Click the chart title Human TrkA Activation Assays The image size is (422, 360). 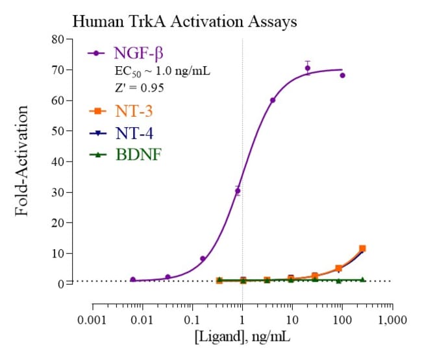184,21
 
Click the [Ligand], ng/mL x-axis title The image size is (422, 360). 242,338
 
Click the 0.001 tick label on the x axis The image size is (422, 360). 93,320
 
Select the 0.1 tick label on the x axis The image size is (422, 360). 193,320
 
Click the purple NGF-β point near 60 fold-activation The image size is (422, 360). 273,101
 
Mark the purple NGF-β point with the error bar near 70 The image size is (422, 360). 308,68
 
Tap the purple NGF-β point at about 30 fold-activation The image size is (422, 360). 238,191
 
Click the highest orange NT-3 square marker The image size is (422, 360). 362,248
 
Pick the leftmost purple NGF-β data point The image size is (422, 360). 133,280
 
